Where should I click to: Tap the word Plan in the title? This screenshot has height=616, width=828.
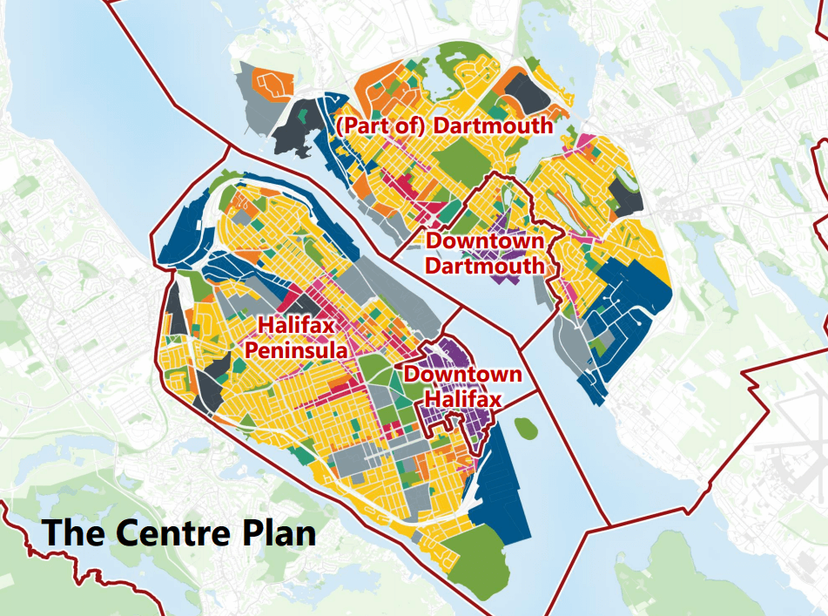click(x=279, y=531)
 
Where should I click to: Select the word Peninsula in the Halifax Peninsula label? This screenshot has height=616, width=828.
click(x=297, y=349)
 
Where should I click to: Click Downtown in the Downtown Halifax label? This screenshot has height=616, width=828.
click(x=463, y=376)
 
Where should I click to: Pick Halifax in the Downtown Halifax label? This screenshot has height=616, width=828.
click(x=462, y=399)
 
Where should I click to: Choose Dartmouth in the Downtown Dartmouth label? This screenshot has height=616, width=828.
click(x=486, y=265)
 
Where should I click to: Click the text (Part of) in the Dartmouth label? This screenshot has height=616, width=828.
click(x=380, y=125)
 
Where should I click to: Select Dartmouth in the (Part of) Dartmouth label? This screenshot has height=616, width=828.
click(x=493, y=125)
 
